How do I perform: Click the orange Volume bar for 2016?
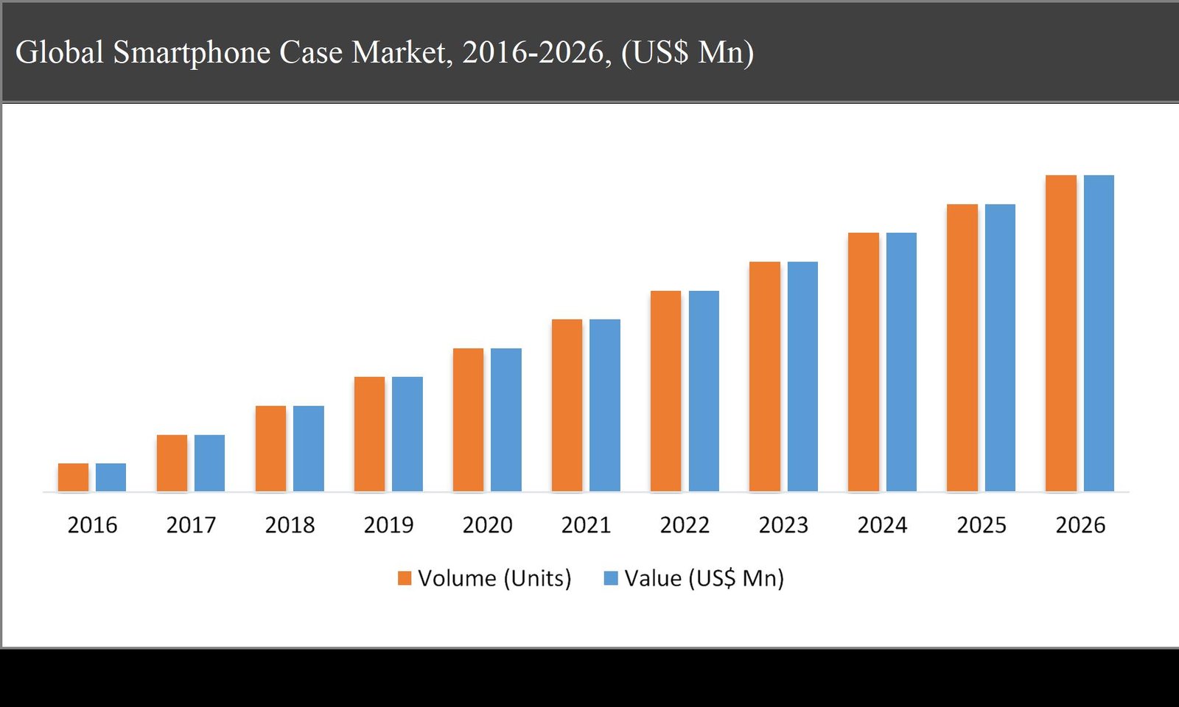[x=73, y=477]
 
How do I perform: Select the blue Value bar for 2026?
[x=1099, y=333]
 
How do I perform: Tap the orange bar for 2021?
[x=567, y=405]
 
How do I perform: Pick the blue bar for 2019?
[x=407, y=434]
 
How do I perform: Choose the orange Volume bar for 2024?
[x=863, y=362]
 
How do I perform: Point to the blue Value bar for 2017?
[x=209, y=462]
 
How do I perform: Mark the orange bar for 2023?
[x=764, y=376]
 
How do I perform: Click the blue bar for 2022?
[x=704, y=391]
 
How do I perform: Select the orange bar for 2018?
[x=270, y=449]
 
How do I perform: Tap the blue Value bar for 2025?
[x=1000, y=348]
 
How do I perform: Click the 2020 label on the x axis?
[x=487, y=525]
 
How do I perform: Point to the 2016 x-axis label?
[x=92, y=525]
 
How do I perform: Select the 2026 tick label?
[x=1080, y=525]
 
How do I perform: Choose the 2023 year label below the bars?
[x=783, y=525]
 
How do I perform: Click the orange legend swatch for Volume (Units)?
[x=405, y=578]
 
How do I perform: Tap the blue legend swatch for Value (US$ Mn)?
[x=610, y=578]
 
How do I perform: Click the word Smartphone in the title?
[x=192, y=53]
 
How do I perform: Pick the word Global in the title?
[x=60, y=53]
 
